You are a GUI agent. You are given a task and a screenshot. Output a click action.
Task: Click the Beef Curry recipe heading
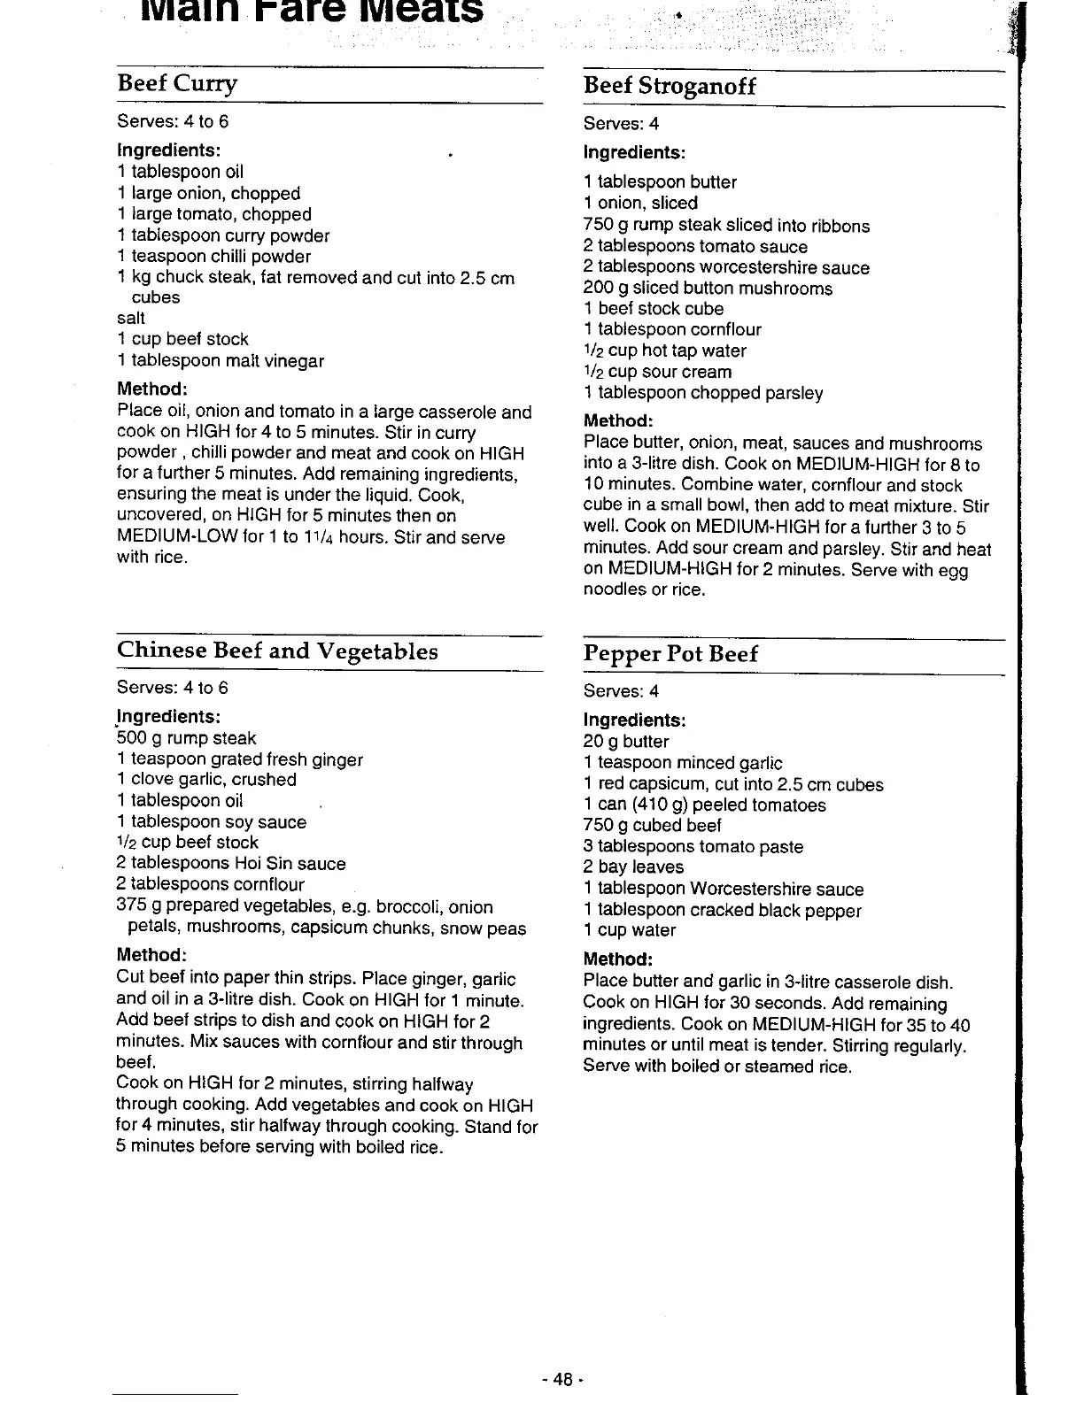(x=177, y=84)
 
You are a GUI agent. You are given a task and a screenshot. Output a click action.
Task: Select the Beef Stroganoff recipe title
(x=670, y=87)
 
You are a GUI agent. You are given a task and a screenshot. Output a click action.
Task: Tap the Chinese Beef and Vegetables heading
(x=277, y=651)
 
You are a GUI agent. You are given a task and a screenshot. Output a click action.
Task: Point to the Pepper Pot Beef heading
(x=670, y=654)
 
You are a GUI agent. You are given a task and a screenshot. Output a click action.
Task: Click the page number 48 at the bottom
(x=562, y=1379)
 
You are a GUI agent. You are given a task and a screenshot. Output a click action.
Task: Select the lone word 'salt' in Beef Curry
(x=130, y=318)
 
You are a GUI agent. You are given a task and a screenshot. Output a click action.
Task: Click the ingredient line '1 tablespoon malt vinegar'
(x=221, y=360)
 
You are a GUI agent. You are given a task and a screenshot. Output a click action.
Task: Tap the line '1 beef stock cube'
(x=654, y=308)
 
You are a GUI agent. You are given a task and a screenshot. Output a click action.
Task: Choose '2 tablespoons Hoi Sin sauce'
(x=230, y=863)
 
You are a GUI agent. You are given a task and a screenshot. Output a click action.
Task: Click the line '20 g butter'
(x=626, y=742)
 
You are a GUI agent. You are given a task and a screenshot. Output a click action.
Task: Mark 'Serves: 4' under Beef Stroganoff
(x=621, y=124)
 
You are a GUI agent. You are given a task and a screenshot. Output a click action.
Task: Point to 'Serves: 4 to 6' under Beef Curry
(x=172, y=121)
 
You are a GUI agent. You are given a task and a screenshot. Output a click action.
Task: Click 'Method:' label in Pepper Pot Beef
(x=617, y=959)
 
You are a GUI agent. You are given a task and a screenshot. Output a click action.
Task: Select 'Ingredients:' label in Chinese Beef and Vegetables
(x=168, y=715)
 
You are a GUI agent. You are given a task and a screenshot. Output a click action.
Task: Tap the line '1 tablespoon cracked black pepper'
(x=722, y=910)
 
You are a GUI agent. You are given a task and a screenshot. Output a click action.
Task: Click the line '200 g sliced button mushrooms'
(x=708, y=288)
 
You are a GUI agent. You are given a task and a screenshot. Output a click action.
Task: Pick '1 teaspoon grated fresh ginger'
(x=239, y=759)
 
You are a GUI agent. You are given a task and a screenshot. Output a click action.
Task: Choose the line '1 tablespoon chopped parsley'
(x=703, y=392)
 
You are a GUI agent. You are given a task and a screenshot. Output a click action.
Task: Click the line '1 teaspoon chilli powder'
(x=213, y=256)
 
